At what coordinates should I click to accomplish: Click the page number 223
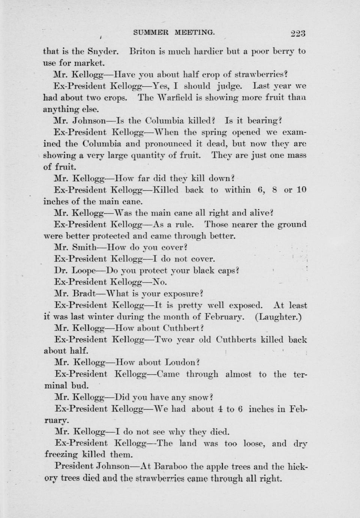point(298,33)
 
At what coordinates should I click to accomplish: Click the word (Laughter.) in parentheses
point(278,317)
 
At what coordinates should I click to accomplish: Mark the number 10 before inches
point(301,190)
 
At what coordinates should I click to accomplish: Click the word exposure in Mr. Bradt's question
point(182,294)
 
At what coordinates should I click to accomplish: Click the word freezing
point(61,455)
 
